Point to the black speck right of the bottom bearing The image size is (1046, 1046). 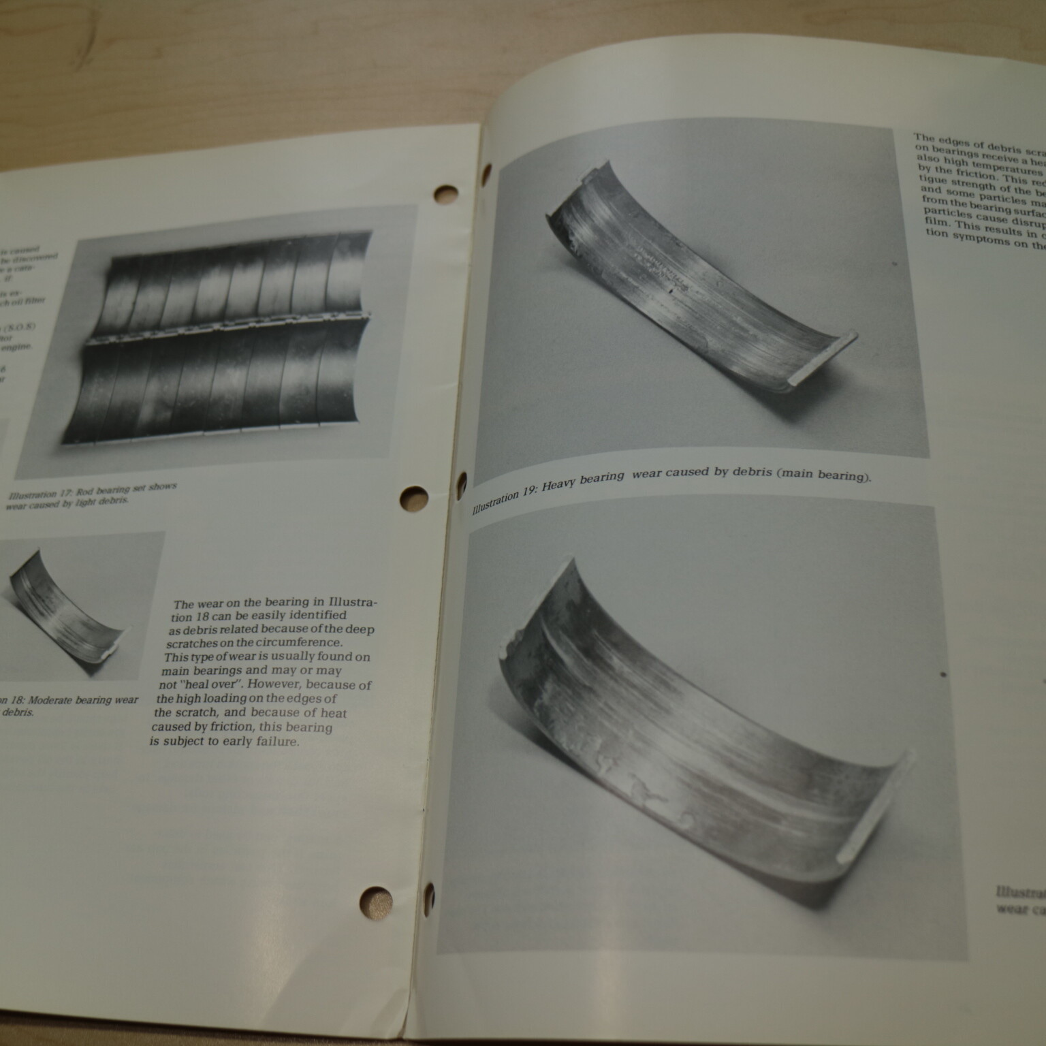(943, 675)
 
